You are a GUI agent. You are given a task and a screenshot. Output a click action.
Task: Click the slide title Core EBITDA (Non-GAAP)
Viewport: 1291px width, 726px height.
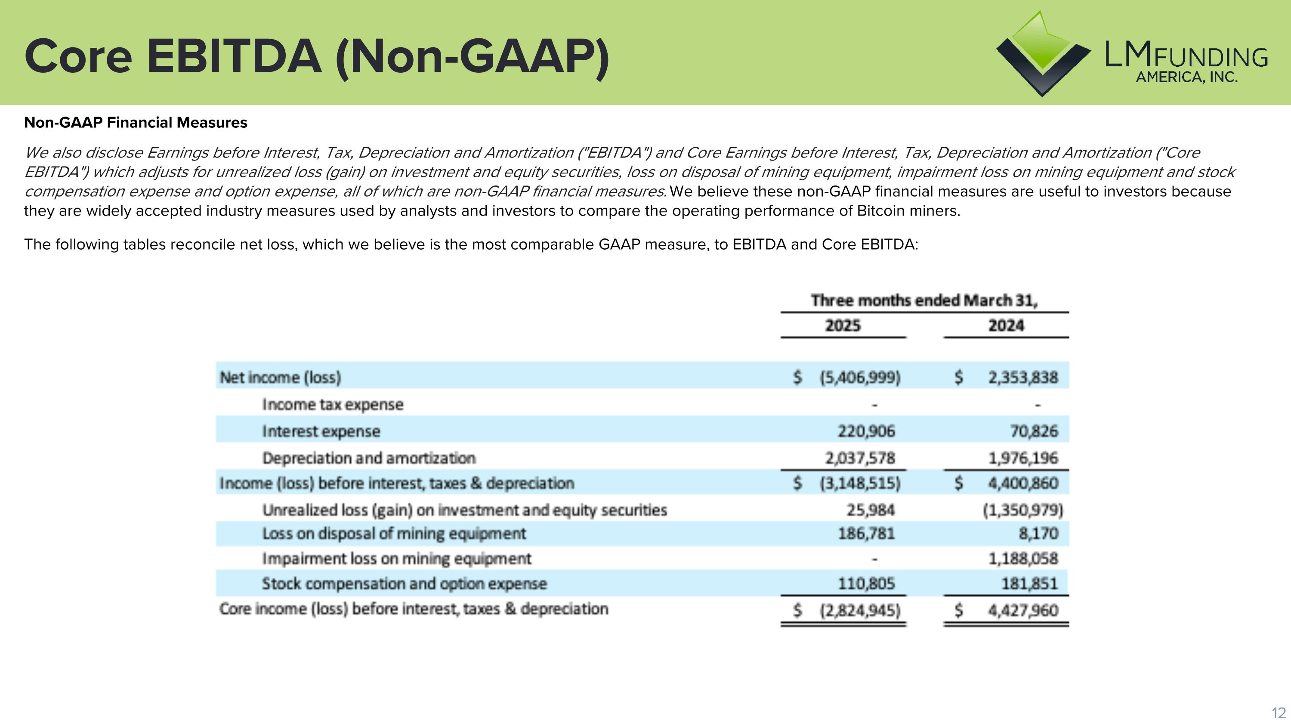(x=317, y=57)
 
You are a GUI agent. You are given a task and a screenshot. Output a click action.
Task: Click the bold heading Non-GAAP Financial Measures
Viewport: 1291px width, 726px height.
(x=135, y=123)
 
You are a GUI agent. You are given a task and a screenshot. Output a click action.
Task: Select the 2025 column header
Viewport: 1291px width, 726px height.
(x=843, y=326)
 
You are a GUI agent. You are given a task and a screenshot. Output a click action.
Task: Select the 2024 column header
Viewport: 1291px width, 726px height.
(x=1006, y=326)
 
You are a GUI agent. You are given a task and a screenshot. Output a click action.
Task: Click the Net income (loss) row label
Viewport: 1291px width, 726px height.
(x=280, y=377)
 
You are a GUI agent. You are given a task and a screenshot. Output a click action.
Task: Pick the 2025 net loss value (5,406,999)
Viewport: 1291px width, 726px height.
(x=860, y=377)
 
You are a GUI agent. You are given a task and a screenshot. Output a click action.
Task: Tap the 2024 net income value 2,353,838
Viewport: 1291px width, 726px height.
(x=1023, y=377)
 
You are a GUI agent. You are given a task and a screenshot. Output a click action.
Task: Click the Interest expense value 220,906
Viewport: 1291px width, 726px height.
(x=866, y=431)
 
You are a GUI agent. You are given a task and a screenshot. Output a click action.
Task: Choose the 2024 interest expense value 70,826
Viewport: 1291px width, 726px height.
(x=1034, y=431)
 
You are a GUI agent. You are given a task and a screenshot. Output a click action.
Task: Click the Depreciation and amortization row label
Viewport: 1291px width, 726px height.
(x=369, y=458)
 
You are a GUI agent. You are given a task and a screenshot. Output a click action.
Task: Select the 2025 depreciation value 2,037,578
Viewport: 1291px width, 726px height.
(x=860, y=458)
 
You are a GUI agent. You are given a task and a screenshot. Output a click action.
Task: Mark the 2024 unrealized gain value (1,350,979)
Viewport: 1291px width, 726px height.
(x=1022, y=510)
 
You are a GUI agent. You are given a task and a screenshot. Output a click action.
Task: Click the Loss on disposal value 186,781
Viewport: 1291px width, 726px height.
(x=866, y=533)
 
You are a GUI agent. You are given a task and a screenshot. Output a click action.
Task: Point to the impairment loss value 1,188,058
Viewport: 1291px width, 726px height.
(x=1023, y=558)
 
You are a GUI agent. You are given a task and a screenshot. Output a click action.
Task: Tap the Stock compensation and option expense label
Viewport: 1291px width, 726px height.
(x=404, y=584)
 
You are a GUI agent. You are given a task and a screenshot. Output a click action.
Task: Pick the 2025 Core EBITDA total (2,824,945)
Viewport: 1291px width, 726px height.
(x=860, y=610)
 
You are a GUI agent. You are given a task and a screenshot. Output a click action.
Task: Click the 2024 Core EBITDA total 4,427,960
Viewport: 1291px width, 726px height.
(x=1023, y=610)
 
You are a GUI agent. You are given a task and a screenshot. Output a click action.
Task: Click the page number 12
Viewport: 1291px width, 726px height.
(x=1279, y=713)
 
